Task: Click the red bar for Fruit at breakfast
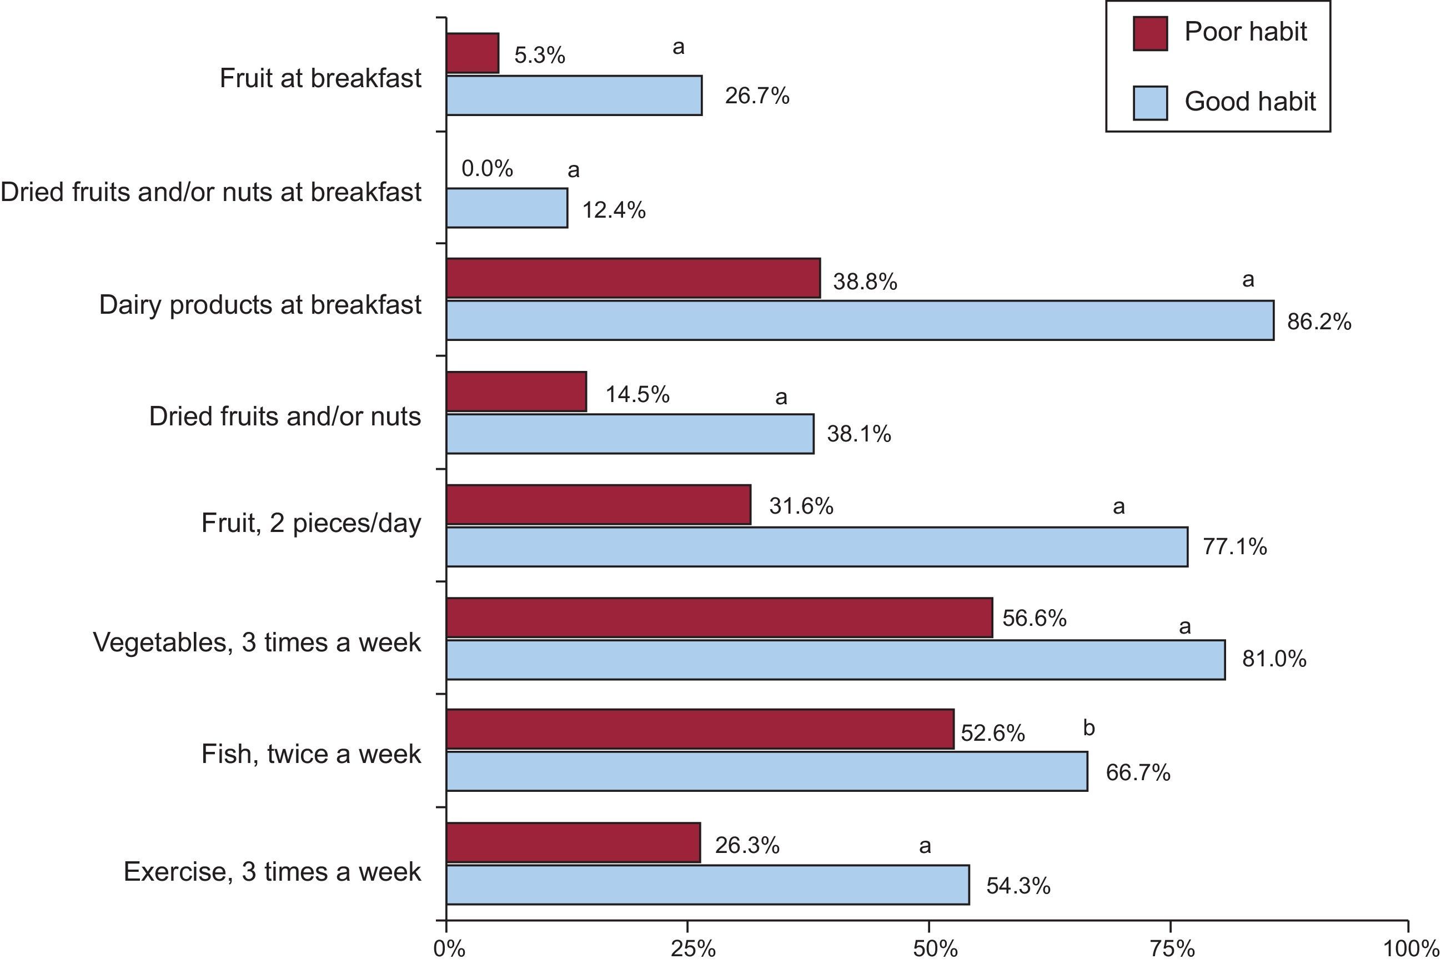pyautogui.click(x=472, y=53)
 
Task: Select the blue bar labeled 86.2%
pyautogui.click(x=860, y=320)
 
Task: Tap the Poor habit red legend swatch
pyautogui.click(x=1149, y=33)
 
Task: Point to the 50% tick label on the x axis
pyautogui.click(x=935, y=948)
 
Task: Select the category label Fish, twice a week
pyautogui.click(x=311, y=754)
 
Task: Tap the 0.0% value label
pyautogui.click(x=487, y=168)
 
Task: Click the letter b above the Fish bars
pyautogui.click(x=1089, y=728)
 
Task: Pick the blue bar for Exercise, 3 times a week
pyautogui.click(x=707, y=885)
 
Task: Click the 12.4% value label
pyautogui.click(x=614, y=210)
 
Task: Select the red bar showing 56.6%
pyautogui.click(x=719, y=617)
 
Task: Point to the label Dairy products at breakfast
pyautogui.click(x=260, y=305)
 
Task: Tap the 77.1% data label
pyautogui.click(x=1234, y=546)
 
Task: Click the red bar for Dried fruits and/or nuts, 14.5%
pyautogui.click(x=516, y=391)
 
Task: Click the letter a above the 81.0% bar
pyautogui.click(x=1184, y=627)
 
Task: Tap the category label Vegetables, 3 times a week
pyautogui.click(x=257, y=642)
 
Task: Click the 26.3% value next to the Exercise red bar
pyautogui.click(x=746, y=845)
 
